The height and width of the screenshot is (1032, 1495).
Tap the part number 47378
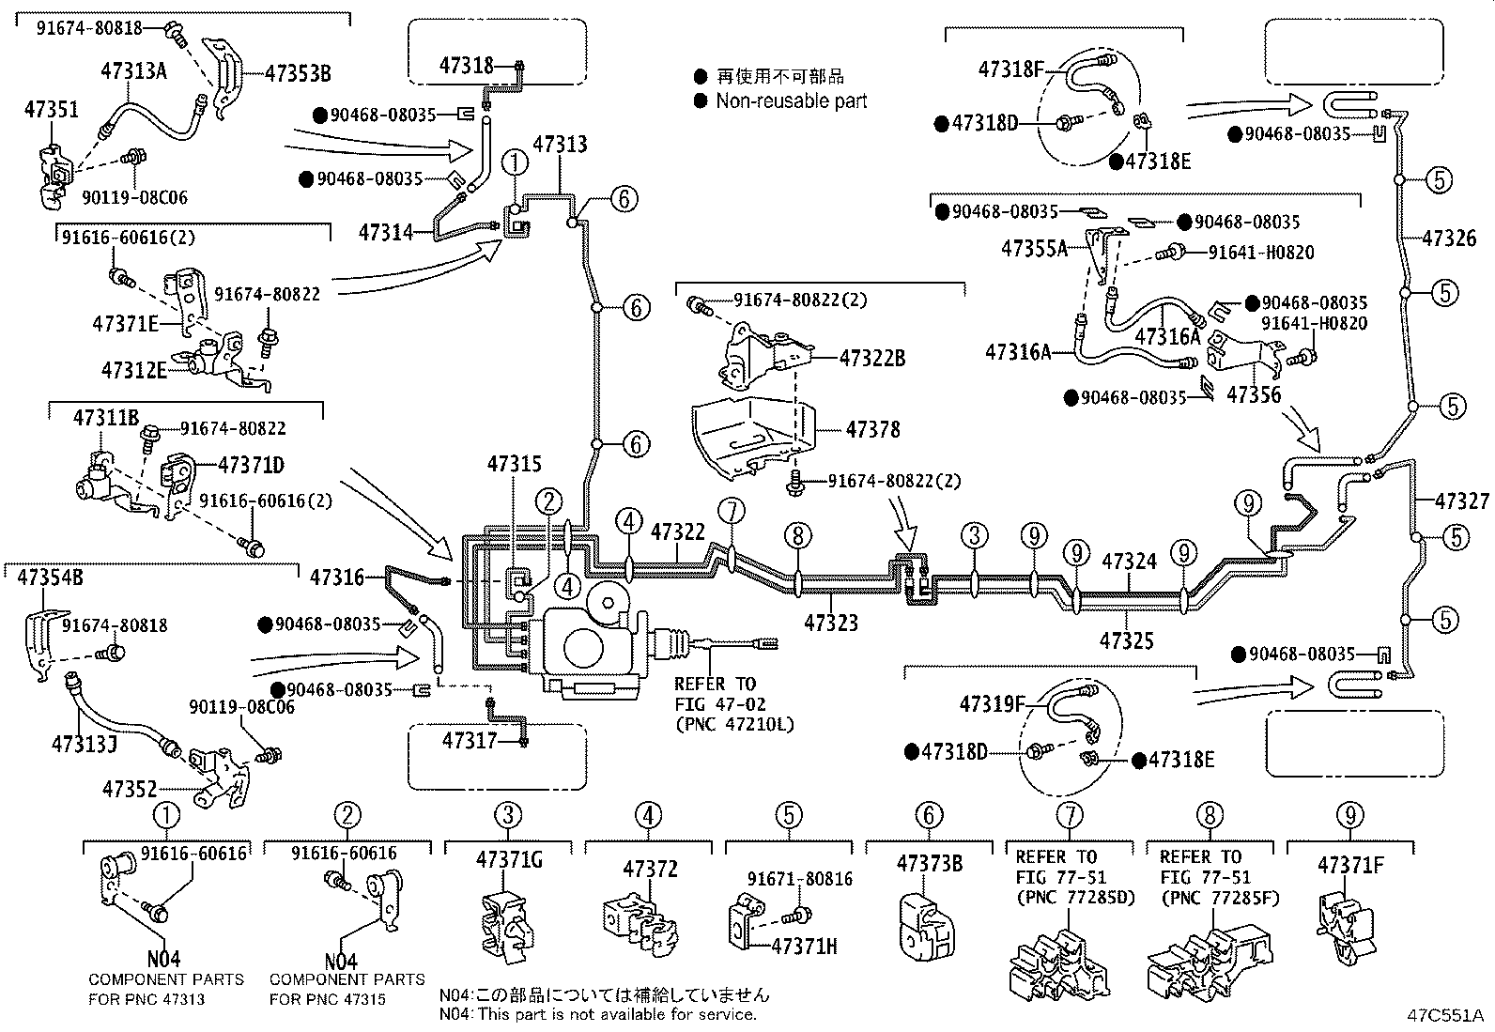click(x=872, y=429)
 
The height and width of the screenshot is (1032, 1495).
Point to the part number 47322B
click(x=871, y=358)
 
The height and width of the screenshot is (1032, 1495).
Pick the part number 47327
click(x=1461, y=501)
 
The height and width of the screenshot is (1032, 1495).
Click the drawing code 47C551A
click(x=1443, y=1015)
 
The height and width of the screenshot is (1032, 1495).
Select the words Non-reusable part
click(x=791, y=100)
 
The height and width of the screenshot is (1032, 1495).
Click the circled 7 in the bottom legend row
click(x=1069, y=815)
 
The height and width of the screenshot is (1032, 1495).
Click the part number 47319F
click(x=993, y=702)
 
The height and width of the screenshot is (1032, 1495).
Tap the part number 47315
click(x=514, y=464)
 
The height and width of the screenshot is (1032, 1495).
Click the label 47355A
click(x=1034, y=248)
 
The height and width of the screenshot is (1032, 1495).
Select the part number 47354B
click(x=51, y=577)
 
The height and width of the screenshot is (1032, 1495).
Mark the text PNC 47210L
click(x=733, y=724)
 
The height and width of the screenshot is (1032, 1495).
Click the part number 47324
click(x=1129, y=562)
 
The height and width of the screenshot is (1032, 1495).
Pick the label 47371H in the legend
click(x=803, y=946)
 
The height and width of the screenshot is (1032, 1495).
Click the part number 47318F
click(x=1010, y=68)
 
